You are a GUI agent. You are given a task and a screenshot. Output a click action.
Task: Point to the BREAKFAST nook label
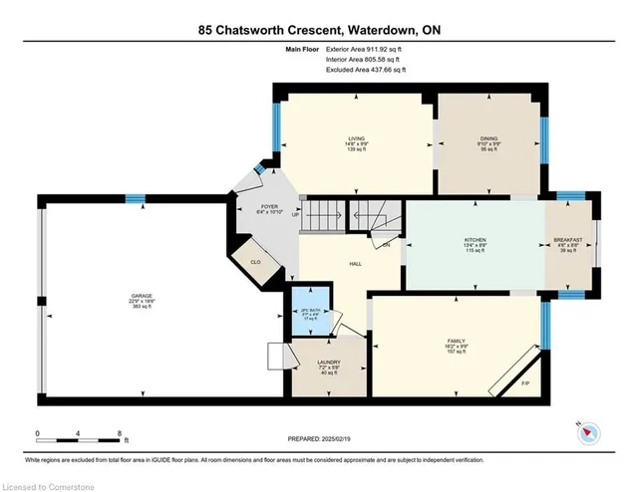pos(570,241)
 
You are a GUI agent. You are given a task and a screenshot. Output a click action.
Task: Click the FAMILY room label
pos(455,341)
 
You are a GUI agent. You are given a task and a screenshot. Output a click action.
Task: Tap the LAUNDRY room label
pos(329,363)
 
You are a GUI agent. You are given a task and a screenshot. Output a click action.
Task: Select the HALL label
pos(355,264)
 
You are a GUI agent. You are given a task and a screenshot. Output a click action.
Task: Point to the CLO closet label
pos(254,261)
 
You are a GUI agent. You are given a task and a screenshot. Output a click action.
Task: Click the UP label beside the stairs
pos(295,215)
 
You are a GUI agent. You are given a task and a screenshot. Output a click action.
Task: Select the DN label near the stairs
pos(385,244)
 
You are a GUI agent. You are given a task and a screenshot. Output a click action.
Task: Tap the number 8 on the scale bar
pos(121,434)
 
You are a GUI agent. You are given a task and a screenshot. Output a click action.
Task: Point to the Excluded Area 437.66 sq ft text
pos(366,71)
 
